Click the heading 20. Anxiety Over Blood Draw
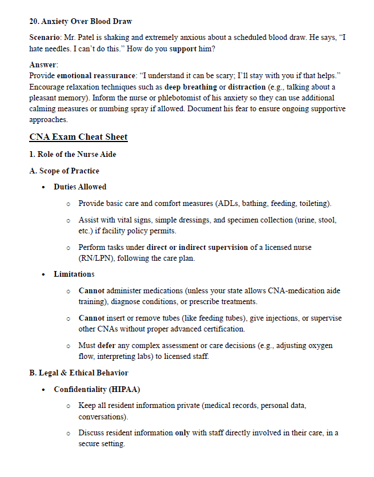coord(81,22)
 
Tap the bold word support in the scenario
coord(183,49)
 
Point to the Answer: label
coord(43,65)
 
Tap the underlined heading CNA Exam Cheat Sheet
coord(78,137)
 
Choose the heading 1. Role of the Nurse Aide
coord(73,155)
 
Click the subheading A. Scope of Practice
coord(64,171)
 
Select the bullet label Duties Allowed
coord(80,187)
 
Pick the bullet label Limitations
coord(74,274)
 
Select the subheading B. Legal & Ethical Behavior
coord(79,373)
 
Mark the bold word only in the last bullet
coord(182,433)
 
